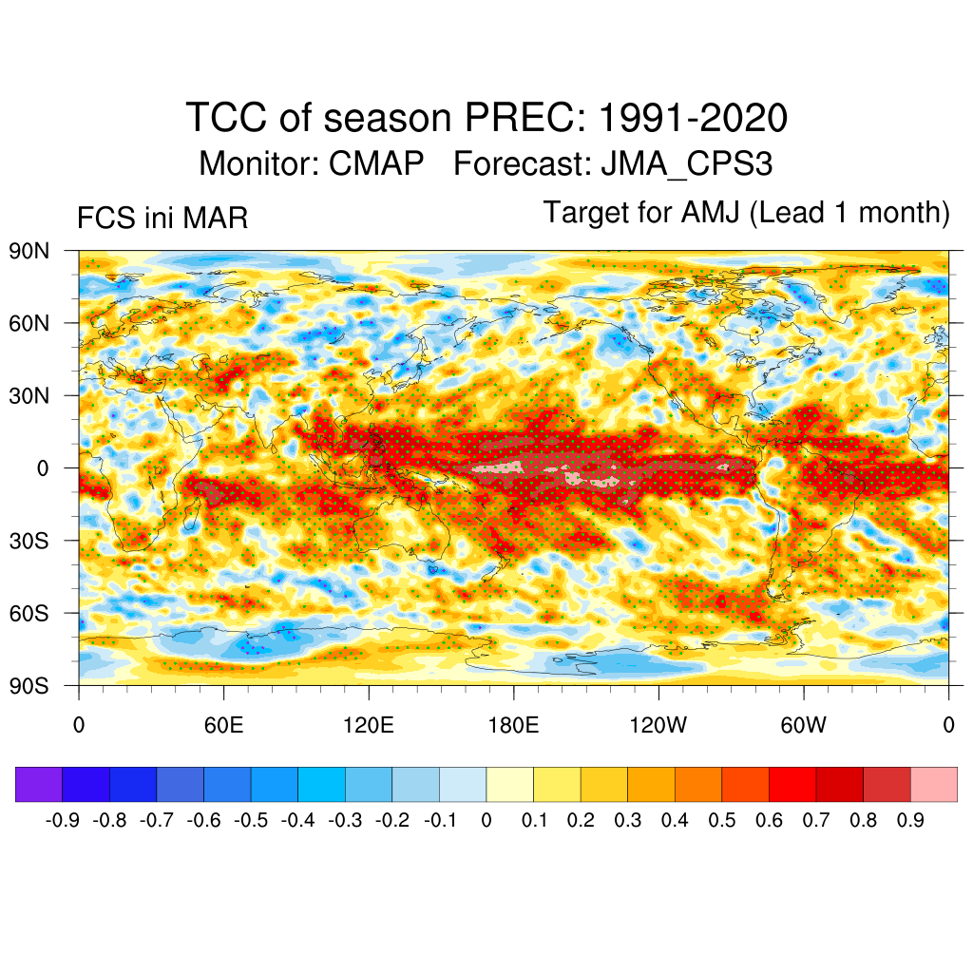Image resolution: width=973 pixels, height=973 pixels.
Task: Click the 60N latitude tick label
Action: pyautogui.click(x=29, y=323)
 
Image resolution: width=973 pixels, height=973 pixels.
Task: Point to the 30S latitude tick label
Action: pyautogui.click(x=29, y=541)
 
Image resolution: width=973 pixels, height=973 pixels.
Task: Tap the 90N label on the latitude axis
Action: pyautogui.click(x=29, y=251)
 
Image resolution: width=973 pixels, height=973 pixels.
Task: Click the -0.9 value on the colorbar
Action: pyautogui.click(x=62, y=820)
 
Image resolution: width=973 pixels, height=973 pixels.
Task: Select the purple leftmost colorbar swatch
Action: pyautogui.click(x=39, y=784)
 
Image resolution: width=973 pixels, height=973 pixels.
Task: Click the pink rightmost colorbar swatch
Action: pyautogui.click(x=934, y=784)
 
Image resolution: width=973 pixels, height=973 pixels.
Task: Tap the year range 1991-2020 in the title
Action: pyautogui.click(x=694, y=119)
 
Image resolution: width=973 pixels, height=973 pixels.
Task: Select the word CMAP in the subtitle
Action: pyautogui.click(x=376, y=163)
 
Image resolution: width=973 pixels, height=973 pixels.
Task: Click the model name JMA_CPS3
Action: pyautogui.click(x=686, y=163)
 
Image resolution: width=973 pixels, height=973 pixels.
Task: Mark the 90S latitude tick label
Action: pyautogui.click(x=29, y=685)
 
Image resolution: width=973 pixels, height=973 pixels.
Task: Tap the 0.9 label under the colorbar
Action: pyautogui.click(x=910, y=820)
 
